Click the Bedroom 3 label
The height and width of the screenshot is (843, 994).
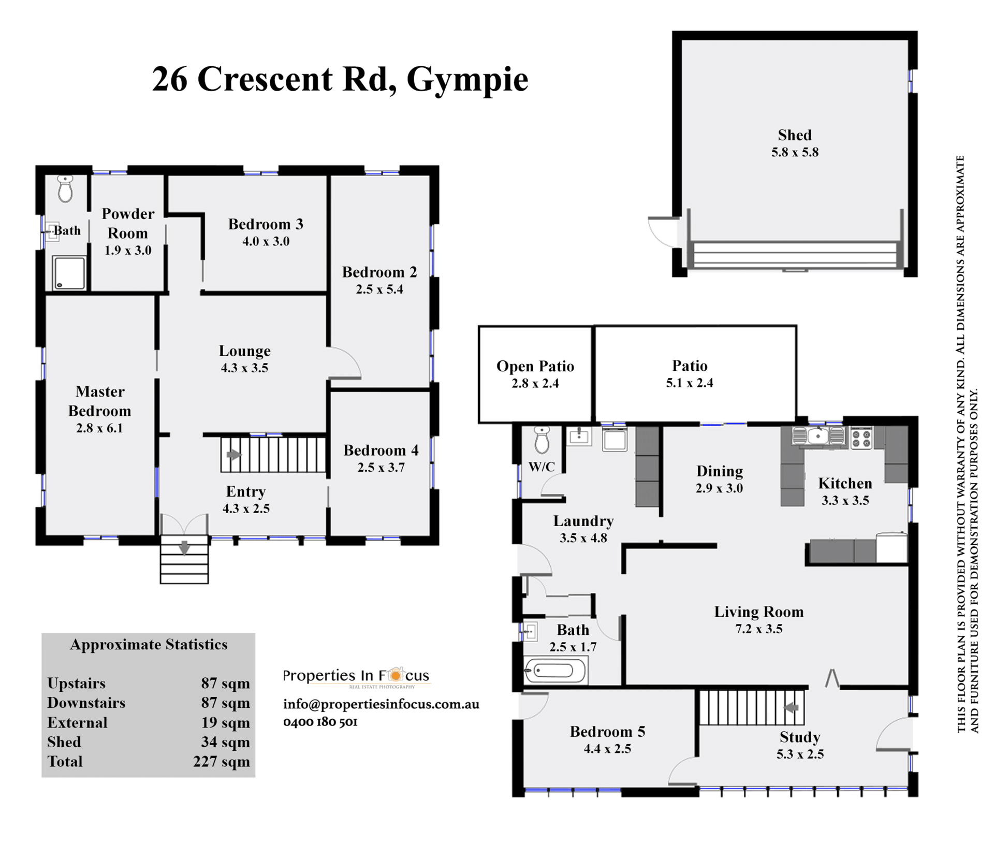[266, 224]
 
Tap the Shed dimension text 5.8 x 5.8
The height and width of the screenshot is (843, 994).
[795, 152]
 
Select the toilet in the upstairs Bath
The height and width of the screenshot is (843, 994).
[65, 188]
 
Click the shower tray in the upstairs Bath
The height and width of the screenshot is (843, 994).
[69, 273]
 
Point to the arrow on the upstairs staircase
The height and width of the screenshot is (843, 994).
[233, 455]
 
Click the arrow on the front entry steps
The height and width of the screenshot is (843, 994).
[184, 547]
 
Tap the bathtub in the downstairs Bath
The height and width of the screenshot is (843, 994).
[556, 671]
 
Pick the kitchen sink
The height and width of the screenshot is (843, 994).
[818, 436]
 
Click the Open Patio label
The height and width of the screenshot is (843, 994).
[535, 366]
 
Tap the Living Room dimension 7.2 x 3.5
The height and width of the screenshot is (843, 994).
[759, 629]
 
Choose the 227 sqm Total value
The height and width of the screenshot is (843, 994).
[222, 762]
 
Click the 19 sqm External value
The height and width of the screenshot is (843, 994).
[226, 723]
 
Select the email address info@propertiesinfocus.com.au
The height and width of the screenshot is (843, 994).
[381, 704]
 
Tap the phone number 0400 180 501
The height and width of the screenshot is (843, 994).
[320, 722]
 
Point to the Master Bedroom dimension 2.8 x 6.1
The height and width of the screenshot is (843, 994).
[99, 428]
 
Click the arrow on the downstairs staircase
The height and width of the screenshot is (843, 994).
[792, 707]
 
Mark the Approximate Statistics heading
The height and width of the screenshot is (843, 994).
[149, 645]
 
